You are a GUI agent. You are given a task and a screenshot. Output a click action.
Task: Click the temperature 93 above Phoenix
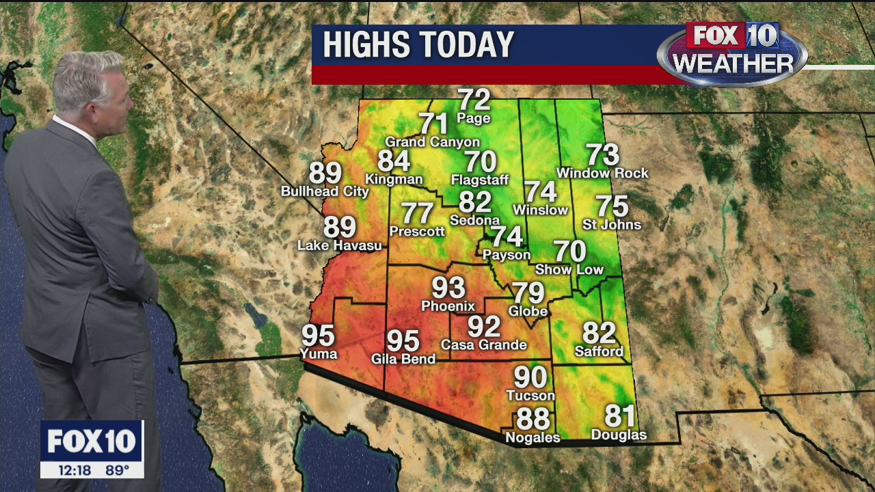[448, 288]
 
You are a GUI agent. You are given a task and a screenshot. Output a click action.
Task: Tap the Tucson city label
[530, 396]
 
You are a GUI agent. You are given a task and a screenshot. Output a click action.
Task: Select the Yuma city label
[319, 354]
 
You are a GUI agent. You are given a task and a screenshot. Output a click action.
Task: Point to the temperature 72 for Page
[474, 100]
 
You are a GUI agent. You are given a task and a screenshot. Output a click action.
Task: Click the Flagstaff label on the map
[480, 180]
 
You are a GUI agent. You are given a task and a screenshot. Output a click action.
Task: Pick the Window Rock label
[602, 174]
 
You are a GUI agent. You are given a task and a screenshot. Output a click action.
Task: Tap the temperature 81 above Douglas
[620, 415]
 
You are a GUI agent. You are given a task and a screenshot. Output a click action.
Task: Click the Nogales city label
[533, 438]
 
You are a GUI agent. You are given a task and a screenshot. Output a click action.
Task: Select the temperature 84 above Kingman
[394, 161]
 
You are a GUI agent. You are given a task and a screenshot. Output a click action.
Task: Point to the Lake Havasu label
[340, 245]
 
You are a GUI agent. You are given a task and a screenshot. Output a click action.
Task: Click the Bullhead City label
[325, 191]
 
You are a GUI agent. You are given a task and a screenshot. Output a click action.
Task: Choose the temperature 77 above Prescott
[417, 213]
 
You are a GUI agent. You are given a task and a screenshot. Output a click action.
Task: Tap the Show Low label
[569, 270]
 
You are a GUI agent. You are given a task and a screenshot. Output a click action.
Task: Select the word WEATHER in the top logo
[732, 64]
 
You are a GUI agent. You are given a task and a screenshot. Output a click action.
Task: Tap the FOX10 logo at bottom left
[91, 441]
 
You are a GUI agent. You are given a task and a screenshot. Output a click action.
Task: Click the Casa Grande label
[484, 345]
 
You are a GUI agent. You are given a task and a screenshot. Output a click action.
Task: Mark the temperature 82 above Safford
[599, 333]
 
